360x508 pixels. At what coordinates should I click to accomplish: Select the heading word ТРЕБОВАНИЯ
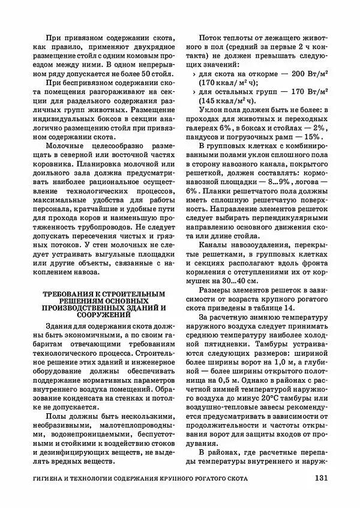tap(68, 294)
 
